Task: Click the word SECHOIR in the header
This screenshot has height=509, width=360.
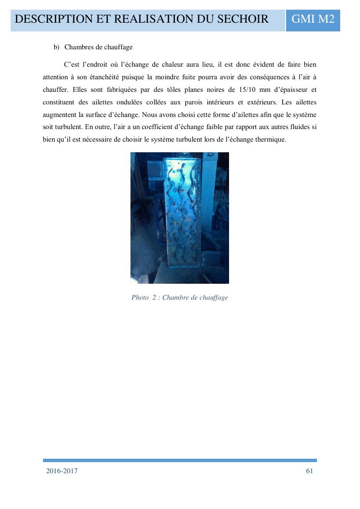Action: pyautogui.click(x=240, y=19)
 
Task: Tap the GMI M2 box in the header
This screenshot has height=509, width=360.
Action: pyautogui.click(x=313, y=19)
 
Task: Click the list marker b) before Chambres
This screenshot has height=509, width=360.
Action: pyautogui.click(x=56, y=47)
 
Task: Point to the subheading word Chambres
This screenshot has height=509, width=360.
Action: pyautogui.click(x=79, y=47)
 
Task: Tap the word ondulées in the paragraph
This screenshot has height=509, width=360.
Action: pyautogui.click(x=135, y=102)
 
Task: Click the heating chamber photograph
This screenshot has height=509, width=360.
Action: pyautogui.click(x=180, y=218)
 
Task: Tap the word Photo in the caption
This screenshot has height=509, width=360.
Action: pyautogui.click(x=140, y=297)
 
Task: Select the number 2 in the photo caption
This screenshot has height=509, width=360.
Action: pyautogui.click(x=154, y=297)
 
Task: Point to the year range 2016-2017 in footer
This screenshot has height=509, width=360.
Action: pyautogui.click(x=62, y=471)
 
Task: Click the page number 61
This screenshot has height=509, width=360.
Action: pyautogui.click(x=310, y=471)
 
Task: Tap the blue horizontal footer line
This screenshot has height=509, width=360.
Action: pyautogui.click(x=180, y=461)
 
